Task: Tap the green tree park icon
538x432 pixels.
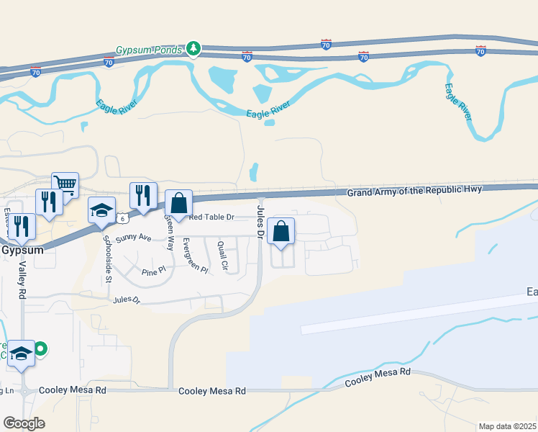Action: [193, 49]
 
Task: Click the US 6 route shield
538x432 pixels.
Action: [124, 217]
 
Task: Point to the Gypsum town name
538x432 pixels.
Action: [24, 251]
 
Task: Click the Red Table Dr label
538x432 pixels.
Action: [211, 217]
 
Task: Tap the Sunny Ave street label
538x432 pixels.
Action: [134, 237]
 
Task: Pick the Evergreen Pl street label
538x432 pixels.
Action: [195, 255]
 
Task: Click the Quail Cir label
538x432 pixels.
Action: [224, 256]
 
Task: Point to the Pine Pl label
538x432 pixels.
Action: [153, 271]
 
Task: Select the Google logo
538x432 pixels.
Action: [23, 423]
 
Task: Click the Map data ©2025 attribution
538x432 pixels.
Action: [507, 426]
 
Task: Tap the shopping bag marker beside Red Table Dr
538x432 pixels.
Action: [178, 203]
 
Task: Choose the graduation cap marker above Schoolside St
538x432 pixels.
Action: [101, 210]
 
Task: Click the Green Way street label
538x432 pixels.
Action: [170, 233]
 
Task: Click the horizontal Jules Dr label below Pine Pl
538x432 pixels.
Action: [126, 299]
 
